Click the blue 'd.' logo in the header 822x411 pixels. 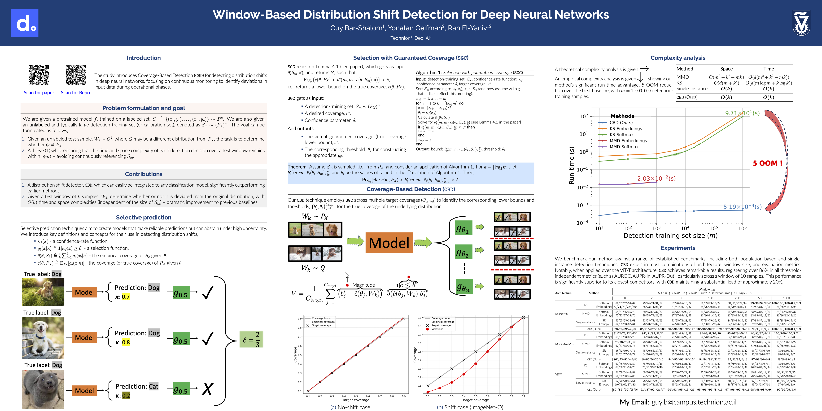[25, 23]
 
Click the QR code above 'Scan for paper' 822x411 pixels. [39, 75]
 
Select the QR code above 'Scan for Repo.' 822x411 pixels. [76, 75]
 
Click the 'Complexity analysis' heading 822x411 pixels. [678, 58]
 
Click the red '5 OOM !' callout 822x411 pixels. [767, 163]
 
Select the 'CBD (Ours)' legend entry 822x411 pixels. [621, 122]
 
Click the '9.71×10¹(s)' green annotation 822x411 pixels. [742, 113]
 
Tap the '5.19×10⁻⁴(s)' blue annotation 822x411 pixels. [742, 207]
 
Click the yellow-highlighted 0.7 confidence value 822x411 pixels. [126, 297]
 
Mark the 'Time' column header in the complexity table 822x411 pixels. [768, 69]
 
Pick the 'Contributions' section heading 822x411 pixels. [144, 174]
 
